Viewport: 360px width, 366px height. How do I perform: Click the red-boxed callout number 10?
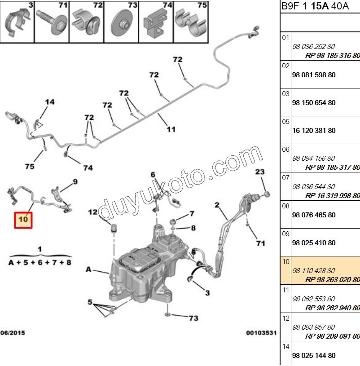(23, 220)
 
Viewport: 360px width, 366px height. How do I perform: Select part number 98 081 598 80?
(314, 75)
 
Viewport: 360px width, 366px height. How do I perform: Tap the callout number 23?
(260, 172)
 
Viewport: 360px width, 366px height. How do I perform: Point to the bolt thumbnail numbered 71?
(52, 22)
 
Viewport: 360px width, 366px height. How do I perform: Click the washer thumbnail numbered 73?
(121, 22)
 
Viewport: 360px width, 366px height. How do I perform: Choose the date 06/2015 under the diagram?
(13, 333)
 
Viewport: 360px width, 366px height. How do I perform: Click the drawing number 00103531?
(261, 333)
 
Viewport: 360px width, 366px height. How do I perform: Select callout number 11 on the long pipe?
(171, 129)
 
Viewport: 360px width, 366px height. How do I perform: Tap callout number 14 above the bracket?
(50, 102)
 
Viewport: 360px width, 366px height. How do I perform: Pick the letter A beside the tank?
(88, 269)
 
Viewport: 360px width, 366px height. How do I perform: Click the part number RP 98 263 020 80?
(333, 279)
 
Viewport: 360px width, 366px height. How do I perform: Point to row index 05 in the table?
(285, 122)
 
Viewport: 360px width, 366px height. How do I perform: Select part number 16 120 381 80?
(314, 131)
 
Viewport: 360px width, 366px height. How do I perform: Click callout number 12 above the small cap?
(93, 212)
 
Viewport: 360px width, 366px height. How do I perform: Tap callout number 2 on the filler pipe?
(217, 205)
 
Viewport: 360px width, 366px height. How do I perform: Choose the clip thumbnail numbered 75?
(191, 22)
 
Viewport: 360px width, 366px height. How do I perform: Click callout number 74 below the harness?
(88, 168)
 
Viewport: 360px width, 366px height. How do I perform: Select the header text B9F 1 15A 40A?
(315, 6)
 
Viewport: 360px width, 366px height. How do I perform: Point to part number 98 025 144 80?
(314, 356)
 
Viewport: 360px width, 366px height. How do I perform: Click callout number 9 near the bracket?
(75, 181)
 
